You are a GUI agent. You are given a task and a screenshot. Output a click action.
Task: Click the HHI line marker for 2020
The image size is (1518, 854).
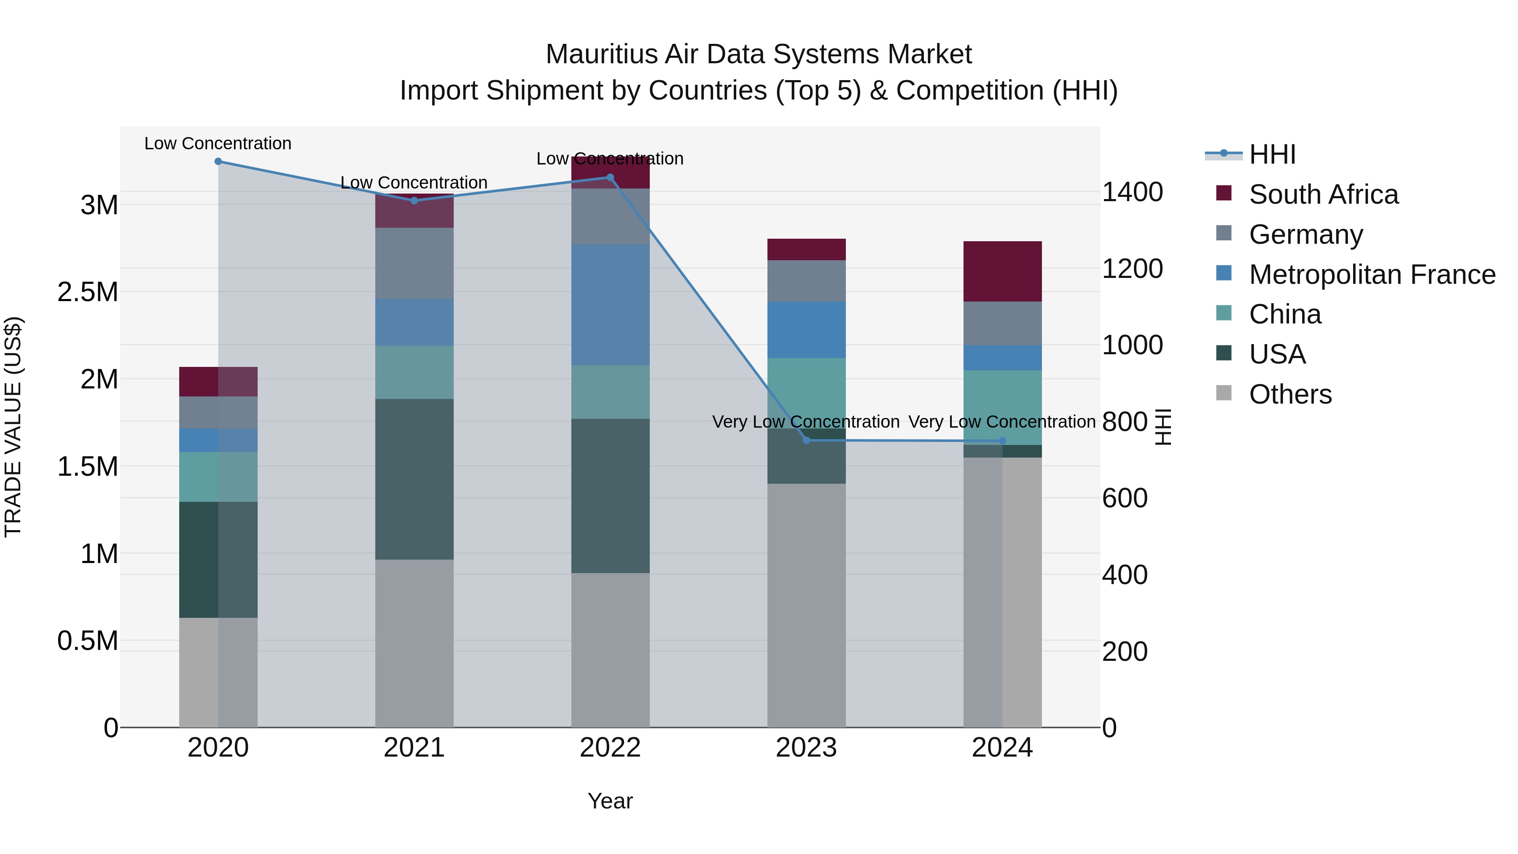[x=218, y=162]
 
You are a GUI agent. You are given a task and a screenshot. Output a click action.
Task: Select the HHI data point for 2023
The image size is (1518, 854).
[x=807, y=440]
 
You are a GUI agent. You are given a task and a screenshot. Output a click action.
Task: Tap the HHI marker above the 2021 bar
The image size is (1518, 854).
[x=414, y=200]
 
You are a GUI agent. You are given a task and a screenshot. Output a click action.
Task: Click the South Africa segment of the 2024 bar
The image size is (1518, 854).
[x=1002, y=272]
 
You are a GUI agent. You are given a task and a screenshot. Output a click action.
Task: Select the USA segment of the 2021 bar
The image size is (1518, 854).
[x=414, y=479]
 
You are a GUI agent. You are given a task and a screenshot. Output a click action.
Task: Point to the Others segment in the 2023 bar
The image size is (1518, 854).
[x=807, y=605]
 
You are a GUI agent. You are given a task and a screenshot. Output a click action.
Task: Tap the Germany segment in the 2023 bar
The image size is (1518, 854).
[x=807, y=281]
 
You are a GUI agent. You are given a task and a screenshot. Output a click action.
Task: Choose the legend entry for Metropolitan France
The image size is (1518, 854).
[x=1372, y=275]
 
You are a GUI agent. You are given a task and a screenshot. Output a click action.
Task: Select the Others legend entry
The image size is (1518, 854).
[x=1290, y=394]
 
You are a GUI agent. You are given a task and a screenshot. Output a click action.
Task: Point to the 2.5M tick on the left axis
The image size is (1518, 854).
[x=88, y=292]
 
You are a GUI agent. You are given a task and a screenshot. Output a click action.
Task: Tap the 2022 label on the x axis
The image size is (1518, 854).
[x=610, y=748]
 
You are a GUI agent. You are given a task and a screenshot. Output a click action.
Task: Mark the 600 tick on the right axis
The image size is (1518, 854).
[x=1124, y=498]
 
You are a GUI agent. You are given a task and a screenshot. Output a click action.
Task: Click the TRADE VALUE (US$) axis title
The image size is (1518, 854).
[x=13, y=427]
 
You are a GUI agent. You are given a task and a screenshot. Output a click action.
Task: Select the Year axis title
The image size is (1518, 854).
[x=610, y=801]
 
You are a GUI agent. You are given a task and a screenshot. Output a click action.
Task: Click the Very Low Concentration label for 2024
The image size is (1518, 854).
[x=1002, y=422]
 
